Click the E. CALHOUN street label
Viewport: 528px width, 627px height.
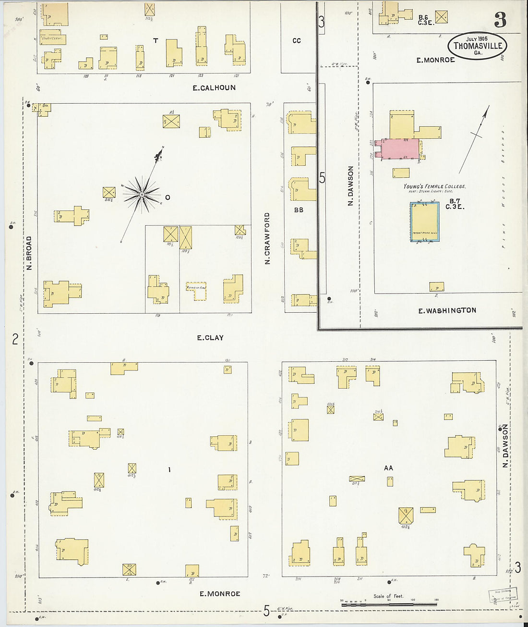point(214,88)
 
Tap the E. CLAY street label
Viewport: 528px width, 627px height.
point(210,338)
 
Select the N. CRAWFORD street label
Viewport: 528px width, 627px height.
point(267,238)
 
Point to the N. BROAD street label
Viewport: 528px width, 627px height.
point(29,253)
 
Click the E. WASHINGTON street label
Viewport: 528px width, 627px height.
point(447,311)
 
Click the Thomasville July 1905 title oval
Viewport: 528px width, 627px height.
point(477,46)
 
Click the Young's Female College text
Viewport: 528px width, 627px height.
point(434,186)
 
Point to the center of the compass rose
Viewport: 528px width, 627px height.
point(142,194)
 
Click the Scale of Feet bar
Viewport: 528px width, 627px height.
point(390,604)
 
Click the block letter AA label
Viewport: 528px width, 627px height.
point(388,468)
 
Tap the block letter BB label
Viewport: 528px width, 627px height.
point(299,210)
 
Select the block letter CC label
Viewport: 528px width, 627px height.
point(297,41)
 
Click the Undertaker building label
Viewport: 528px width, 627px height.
point(52,38)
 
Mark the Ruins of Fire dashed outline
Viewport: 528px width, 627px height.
point(196,291)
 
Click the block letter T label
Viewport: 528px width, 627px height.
point(156,41)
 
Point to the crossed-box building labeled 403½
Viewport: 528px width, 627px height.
point(406,516)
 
